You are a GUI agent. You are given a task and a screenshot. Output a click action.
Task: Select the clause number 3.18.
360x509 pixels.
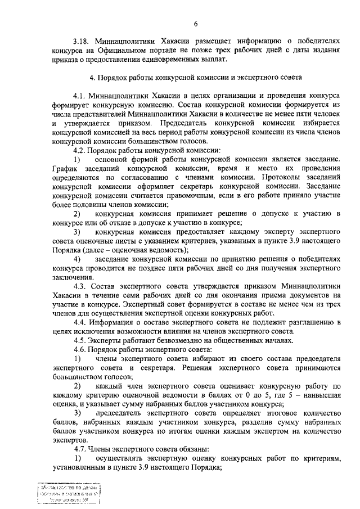83,41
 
